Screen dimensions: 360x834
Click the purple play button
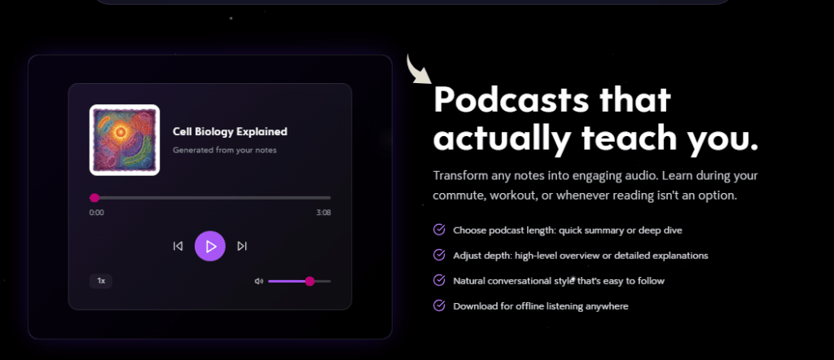210,246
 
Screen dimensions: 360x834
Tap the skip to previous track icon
178,246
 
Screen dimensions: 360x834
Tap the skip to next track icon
242,246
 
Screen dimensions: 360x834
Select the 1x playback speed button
101,281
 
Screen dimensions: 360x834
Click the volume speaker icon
259,281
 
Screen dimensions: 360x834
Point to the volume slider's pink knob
309,281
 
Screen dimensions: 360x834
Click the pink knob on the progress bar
94,197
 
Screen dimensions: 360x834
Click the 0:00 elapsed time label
96,213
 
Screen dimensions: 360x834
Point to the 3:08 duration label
323,213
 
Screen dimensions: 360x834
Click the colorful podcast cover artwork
124,139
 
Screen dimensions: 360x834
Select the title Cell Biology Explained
230,131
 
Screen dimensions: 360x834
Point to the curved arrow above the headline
419,70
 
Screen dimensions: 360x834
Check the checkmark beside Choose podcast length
439,230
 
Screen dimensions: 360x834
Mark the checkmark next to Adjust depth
439,255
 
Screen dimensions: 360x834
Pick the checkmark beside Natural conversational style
439,280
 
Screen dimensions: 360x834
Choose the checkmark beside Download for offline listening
439,305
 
